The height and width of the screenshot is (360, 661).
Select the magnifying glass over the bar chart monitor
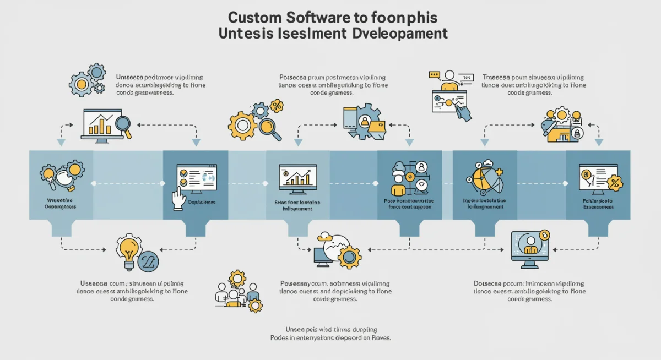(x=122, y=126)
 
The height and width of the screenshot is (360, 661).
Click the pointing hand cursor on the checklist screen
(x=178, y=198)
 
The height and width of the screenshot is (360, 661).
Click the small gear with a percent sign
(x=276, y=106)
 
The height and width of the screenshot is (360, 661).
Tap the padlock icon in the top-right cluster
(x=577, y=133)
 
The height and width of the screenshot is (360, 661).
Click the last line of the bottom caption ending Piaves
(x=330, y=337)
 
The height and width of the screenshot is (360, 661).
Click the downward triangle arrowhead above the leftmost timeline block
(x=61, y=143)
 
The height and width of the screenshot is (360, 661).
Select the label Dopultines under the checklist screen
(x=202, y=202)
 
